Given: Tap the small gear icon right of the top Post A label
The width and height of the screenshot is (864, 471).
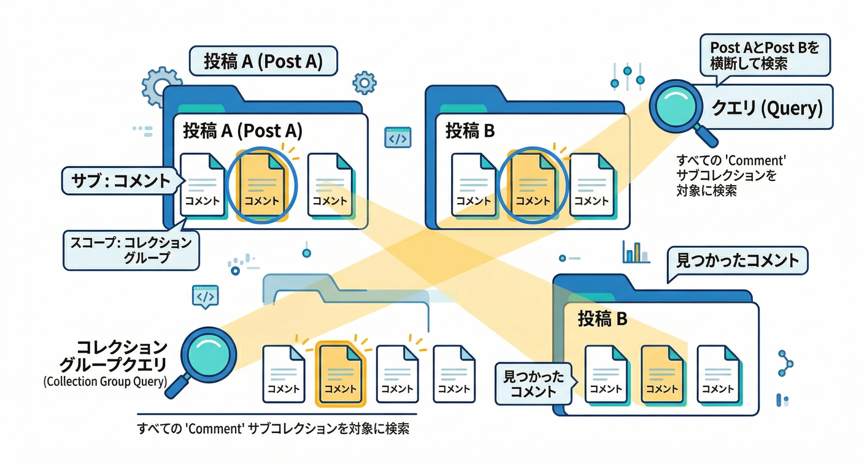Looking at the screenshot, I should click(x=364, y=82).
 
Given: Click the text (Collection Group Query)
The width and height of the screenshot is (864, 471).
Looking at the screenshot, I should click(x=105, y=381).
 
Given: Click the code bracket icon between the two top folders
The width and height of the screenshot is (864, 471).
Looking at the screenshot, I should click(x=398, y=138).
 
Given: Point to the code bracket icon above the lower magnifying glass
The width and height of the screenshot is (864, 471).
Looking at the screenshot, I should click(x=205, y=296).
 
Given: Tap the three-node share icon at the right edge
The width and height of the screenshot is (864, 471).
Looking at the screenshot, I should click(x=785, y=363).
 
